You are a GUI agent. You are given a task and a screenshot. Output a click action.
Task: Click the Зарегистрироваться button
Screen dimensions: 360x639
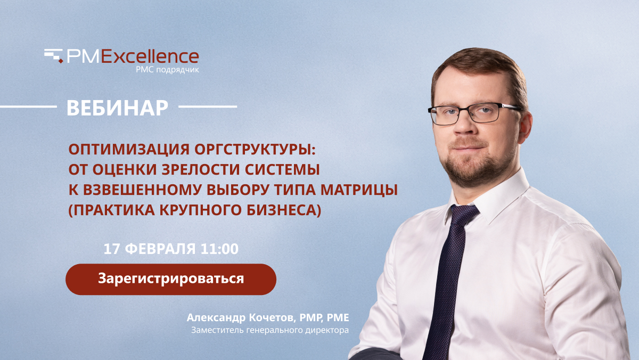coord(171,279)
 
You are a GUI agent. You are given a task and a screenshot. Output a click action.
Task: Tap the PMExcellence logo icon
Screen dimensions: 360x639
coord(54,55)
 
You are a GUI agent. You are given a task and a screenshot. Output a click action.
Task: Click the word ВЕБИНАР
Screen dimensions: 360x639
coord(117,107)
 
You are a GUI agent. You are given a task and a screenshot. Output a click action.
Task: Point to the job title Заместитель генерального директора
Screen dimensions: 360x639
coord(270,331)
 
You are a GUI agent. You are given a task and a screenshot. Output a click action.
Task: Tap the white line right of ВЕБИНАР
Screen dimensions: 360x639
coord(207,107)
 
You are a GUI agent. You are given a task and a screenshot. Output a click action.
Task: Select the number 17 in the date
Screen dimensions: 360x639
coord(111,249)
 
